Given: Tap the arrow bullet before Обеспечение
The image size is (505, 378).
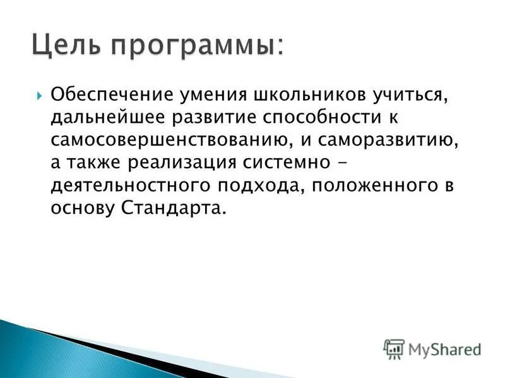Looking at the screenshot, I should coord(39,96).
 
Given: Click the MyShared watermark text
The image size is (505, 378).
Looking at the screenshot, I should coord(444,349).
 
